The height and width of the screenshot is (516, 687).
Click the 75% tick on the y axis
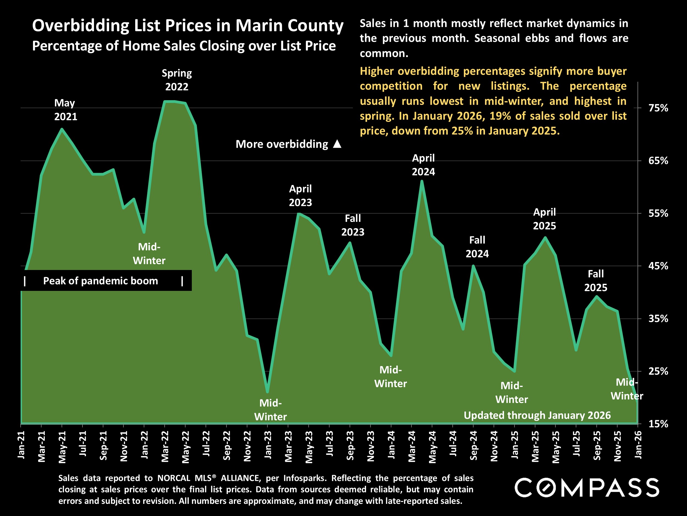coord(658,108)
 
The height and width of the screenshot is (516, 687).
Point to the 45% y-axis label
coord(658,266)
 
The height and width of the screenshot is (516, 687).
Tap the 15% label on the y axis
coord(658,424)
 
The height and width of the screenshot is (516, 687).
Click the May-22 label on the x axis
coord(185,447)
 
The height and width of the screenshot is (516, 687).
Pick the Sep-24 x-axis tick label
coord(473,445)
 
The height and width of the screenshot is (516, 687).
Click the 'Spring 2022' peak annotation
coord(177,80)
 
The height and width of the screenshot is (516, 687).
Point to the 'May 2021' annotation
coord(65,110)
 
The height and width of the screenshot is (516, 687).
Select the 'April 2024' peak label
coord(423,165)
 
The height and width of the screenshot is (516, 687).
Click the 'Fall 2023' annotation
coord(353,225)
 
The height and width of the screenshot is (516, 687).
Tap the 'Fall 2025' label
coord(596,280)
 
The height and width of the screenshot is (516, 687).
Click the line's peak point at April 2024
coord(422,181)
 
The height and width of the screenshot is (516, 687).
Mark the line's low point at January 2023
coord(267,392)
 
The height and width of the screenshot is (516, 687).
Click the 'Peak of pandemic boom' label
coord(100,281)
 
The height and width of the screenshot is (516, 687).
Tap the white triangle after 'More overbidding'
coord(337,144)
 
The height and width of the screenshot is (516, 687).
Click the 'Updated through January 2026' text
coord(537,415)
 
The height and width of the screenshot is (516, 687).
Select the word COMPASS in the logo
coord(587,488)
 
